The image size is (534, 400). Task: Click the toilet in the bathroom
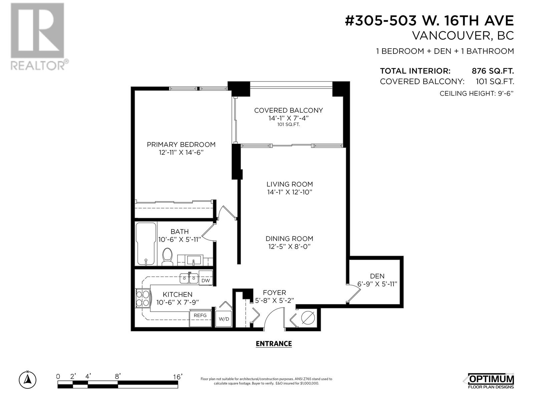point(167,256)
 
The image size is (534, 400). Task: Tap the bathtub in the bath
point(146,244)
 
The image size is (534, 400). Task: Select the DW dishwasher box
point(206,278)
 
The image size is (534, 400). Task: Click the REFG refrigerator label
point(200,315)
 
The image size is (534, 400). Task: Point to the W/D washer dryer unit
point(224,318)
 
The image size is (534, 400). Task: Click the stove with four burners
point(143,298)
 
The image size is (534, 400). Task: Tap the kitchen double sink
point(189,278)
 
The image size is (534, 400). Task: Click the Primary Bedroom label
point(181,145)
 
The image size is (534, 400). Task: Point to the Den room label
point(377,276)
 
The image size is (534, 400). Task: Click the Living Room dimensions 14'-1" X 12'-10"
point(289,192)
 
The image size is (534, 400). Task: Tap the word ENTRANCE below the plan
point(274,344)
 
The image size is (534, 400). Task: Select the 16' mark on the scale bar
point(178,377)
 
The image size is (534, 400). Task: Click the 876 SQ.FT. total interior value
point(493,71)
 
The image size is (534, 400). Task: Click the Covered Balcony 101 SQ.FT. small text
point(289,125)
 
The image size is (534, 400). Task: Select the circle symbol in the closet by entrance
point(308,317)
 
